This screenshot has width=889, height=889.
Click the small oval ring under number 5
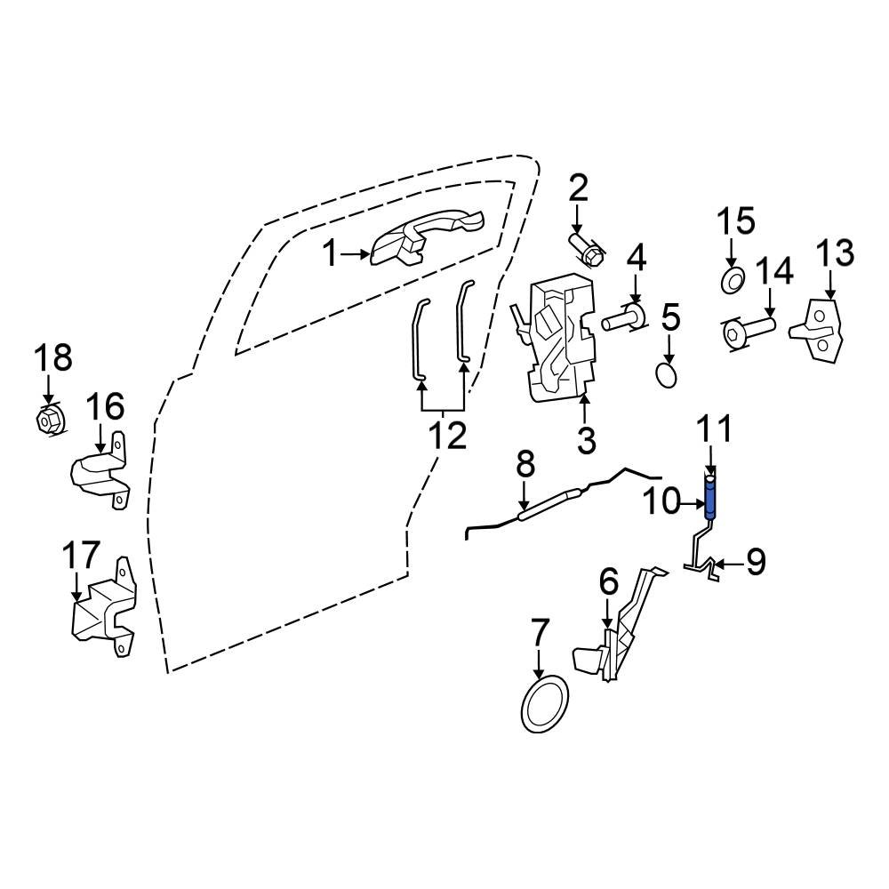(667, 376)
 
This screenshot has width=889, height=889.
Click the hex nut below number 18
(48, 418)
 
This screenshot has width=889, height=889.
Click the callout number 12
(447, 436)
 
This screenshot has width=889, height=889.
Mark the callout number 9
(755, 563)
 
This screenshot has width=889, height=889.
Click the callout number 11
(716, 431)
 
